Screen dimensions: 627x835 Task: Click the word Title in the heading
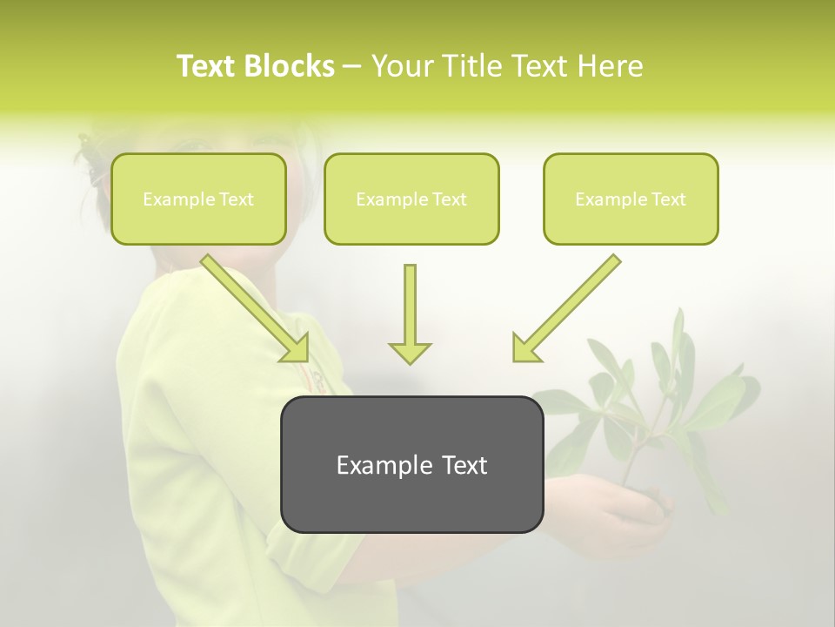pos(466,66)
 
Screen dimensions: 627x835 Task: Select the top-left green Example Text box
pos(198,199)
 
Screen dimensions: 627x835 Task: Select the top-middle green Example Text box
pos(411,199)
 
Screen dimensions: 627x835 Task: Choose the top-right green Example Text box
pos(631,199)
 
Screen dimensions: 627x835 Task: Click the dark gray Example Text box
pos(411,464)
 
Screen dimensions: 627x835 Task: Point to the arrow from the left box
pos(252,305)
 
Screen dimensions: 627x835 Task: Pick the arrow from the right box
pos(570,305)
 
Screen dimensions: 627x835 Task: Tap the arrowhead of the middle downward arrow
pos(410,352)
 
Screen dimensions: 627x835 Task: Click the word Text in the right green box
pos(668,199)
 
